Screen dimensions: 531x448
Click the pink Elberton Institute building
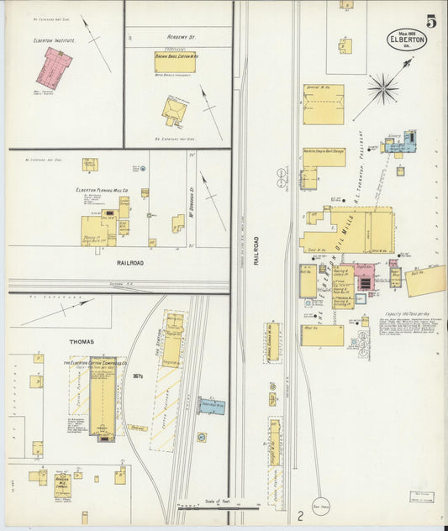click(53, 68)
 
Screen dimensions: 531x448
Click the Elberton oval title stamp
click(405, 39)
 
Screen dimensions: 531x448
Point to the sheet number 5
click(431, 21)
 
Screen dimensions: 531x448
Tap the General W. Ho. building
click(323, 104)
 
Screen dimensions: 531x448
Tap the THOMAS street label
click(82, 342)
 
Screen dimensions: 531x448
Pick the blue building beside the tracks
click(212, 407)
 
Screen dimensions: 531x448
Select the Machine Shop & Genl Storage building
click(324, 157)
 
